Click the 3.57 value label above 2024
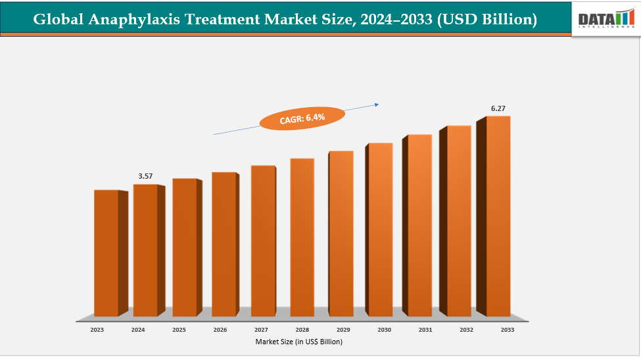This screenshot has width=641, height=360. pyautogui.click(x=145, y=176)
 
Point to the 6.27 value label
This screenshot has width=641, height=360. pyautogui.click(x=498, y=108)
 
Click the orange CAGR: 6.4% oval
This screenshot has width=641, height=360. pyautogui.click(x=302, y=118)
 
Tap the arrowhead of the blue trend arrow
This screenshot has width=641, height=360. pyautogui.click(x=377, y=103)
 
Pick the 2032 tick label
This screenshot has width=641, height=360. pyautogui.click(x=466, y=329)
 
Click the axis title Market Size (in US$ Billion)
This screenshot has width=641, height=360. pyautogui.click(x=299, y=342)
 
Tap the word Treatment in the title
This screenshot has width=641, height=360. pyautogui.click(x=224, y=20)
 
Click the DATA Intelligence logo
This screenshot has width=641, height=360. pyautogui.click(x=605, y=18)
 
